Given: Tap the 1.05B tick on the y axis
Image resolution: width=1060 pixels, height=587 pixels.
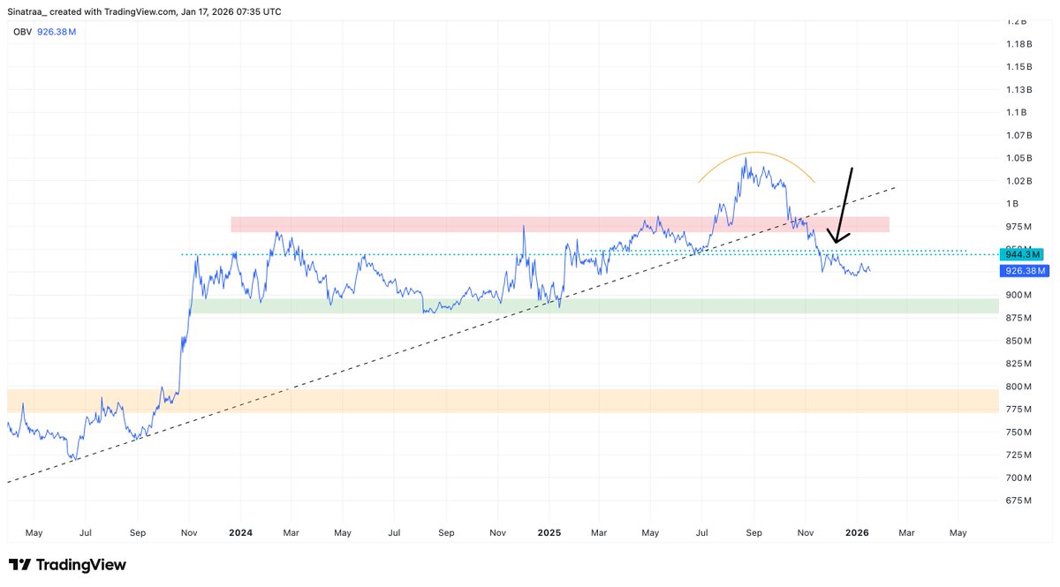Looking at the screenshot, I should (1018, 158).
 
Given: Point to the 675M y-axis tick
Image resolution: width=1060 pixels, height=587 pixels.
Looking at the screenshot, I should (1018, 500).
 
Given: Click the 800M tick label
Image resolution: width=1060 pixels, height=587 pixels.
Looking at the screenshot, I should (1018, 387).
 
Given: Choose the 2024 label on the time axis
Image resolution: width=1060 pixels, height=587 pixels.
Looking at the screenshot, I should (239, 533).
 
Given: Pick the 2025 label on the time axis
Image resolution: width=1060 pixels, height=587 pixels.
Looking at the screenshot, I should (549, 533).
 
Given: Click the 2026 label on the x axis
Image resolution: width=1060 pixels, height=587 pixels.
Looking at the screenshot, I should (857, 533).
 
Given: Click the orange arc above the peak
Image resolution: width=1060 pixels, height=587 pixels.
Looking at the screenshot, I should (755, 153).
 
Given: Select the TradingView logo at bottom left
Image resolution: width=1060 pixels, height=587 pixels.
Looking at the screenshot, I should (68, 565).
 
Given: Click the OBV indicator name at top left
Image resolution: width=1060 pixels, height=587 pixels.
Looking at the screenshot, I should (21, 32).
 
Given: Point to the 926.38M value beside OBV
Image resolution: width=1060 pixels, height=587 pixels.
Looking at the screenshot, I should (56, 32).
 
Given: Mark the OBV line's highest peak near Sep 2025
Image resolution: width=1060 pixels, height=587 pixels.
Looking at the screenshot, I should (746, 159).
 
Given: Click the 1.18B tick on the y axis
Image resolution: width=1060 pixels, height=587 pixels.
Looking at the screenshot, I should (1018, 43).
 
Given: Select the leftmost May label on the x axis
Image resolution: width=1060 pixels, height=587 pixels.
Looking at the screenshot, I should (34, 533).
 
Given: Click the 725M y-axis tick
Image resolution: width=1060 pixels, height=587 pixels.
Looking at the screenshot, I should (1018, 455).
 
